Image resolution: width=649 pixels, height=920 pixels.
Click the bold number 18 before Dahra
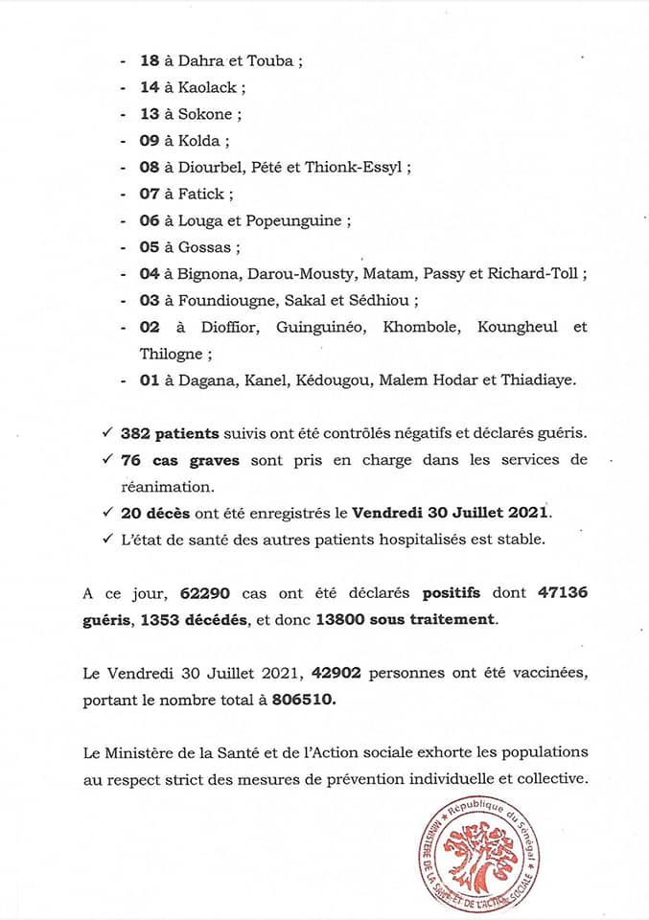click(x=150, y=59)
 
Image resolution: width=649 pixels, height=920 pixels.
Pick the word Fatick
click(x=203, y=194)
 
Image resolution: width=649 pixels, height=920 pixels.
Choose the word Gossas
click(x=209, y=247)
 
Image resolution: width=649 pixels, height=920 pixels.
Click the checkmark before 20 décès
click(x=108, y=513)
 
